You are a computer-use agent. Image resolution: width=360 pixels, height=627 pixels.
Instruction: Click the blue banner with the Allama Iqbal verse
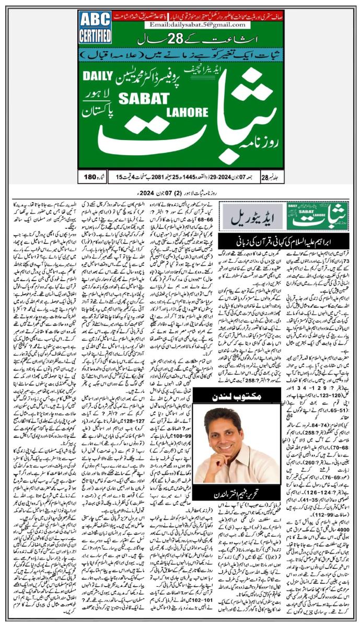tap(181, 54)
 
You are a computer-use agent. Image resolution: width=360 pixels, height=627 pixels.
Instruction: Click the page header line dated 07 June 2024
tap(180, 190)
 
